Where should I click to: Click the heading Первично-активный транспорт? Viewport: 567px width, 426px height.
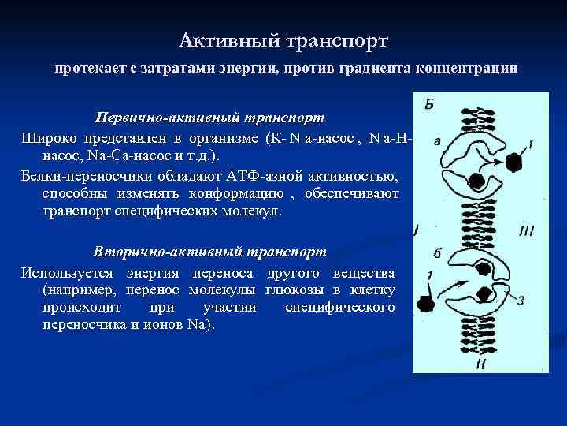point(209,118)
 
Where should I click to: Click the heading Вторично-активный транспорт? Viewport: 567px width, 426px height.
point(209,252)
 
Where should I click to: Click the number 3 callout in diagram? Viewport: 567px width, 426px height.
point(521,299)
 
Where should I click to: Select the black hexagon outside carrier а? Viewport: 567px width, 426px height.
point(513,163)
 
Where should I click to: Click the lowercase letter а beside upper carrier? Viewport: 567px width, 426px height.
point(436,141)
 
